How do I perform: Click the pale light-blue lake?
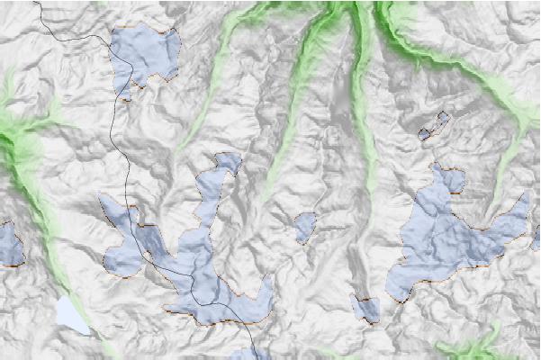pyautogui.click(x=71, y=315)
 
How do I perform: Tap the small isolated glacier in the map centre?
pyautogui.click(x=305, y=226)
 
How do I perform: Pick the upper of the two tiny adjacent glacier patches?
pyautogui.click(x=441, y=119)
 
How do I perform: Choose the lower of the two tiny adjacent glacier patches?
pyautogui.click(x=424, y=133)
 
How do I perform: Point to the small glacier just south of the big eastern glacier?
pyautogui.click(x=365, y=309)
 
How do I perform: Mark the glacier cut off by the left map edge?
pyautogui.click(x=8, y=243)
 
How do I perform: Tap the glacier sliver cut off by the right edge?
pyautogui.click(x=536, y=238)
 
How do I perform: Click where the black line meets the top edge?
pyautogui.click(x=39, y=2)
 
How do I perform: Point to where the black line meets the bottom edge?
pyautogui.click(x=252, y=357)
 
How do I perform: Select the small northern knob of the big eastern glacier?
pyautogui.click(x=446, y=178)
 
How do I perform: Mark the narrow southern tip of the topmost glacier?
pyautogui.click(x=126, y=90)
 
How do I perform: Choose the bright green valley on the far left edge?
pyautogui.click(x=18, y=144)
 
